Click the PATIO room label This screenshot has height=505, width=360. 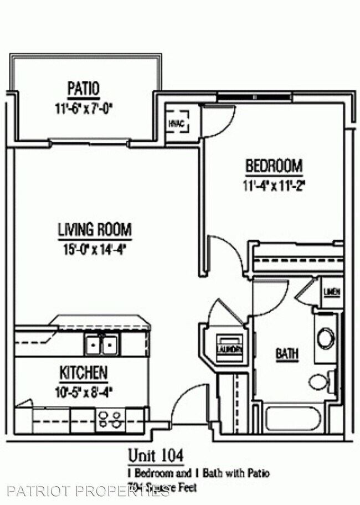point(84,88)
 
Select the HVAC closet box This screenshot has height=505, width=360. point(178,122)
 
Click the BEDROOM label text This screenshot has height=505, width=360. point(274,166)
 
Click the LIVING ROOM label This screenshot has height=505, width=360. point(95,229)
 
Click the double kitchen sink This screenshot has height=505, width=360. point(102,346)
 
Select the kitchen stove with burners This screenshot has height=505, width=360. point(111,419)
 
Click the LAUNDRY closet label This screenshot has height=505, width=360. point(229,349)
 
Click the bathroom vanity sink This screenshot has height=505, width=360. point(325,337)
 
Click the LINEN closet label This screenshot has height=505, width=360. point(332,292)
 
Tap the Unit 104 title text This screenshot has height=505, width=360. point(156,455)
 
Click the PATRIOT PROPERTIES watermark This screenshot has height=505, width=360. point(89,491)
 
